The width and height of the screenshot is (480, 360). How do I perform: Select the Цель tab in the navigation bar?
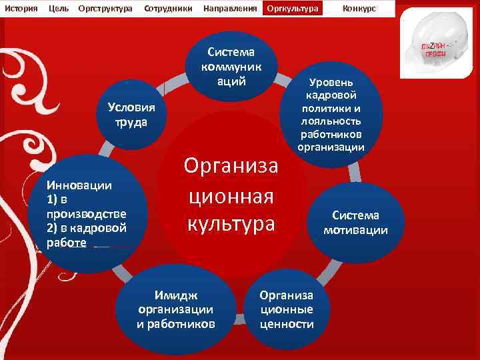point(59,8)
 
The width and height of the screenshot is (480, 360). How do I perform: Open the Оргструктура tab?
point(105,8)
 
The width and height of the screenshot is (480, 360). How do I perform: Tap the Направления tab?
point(230,8)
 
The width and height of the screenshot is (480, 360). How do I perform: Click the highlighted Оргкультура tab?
point(292,8)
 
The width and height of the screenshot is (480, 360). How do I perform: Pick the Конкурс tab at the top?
point(359,8)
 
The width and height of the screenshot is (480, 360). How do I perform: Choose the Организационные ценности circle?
point(286,309)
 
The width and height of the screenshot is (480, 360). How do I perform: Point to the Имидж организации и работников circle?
point(176,311)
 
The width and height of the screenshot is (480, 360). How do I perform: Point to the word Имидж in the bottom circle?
point(176,296)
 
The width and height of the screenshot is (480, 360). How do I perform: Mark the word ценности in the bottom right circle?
point(287,324)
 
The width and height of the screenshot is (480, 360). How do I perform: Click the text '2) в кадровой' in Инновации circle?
point(85,228)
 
